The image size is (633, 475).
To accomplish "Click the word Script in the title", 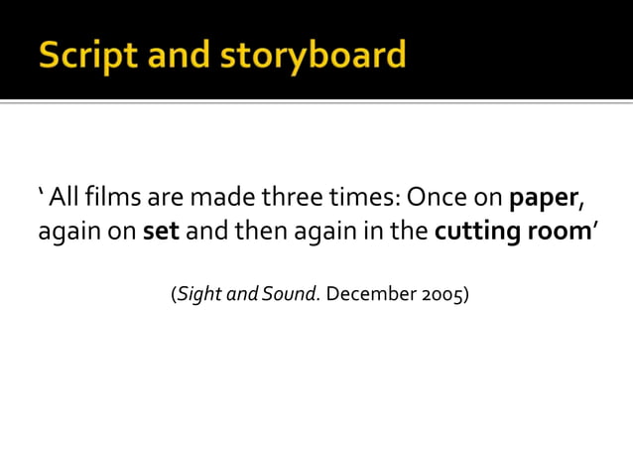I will click(x=82, y=55).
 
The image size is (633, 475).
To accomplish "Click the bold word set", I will click(x=161, y=234).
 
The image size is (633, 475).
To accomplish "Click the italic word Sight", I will click(x=198, y=295).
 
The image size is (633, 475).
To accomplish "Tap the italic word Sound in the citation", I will click(x=291, y=294).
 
